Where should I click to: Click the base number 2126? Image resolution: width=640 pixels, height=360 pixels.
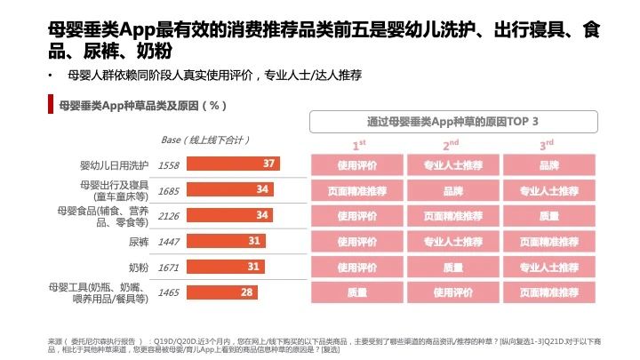[169, 216]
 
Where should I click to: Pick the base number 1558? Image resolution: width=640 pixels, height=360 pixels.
[169, 164]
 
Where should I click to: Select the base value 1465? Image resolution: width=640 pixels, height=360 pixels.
[169, 292]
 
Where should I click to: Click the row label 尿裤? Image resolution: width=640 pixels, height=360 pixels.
[138, 241]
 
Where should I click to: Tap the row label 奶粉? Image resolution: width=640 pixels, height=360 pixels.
[138, 267]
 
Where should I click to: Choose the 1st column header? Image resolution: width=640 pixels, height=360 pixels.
[358, 144]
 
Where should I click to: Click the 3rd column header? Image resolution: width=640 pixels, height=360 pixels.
[548, 144]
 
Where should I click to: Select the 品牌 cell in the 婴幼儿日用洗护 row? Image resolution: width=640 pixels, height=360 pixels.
[548, 164]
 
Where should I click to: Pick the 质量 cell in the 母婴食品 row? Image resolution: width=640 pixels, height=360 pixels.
[548, 216]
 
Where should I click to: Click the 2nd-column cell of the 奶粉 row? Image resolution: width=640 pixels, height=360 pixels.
[452, 267]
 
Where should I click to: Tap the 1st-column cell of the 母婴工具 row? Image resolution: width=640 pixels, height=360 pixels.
[357, 292]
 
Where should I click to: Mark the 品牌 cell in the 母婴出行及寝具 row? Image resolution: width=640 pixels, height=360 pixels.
[452, 190]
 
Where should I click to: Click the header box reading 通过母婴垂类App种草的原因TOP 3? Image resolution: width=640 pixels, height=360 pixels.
[452, 122]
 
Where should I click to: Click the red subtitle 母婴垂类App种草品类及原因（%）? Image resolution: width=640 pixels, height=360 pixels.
[141, 106]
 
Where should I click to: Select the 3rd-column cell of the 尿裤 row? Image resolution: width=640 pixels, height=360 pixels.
[548, 241]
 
